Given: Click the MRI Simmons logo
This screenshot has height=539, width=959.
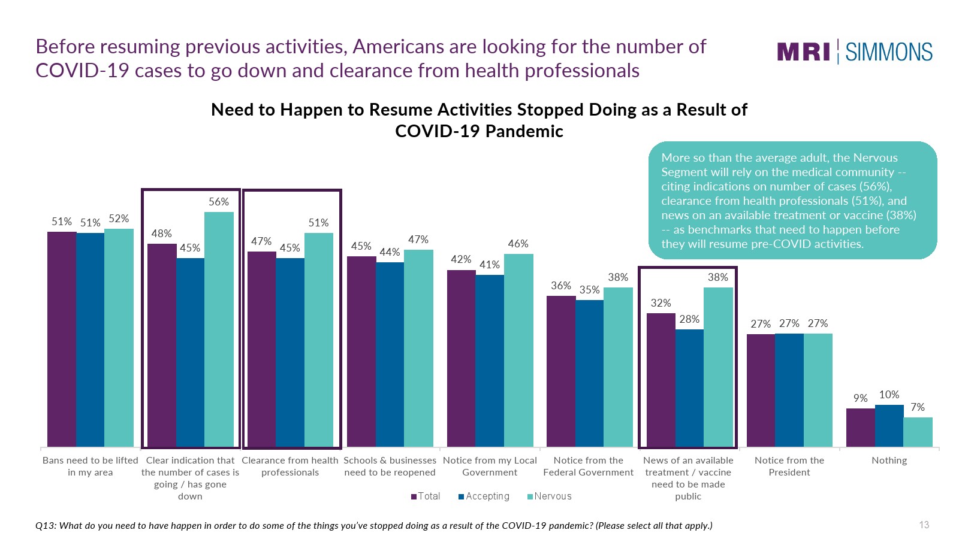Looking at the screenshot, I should [855, 52].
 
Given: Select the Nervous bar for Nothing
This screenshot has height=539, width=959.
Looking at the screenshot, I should [918, 432].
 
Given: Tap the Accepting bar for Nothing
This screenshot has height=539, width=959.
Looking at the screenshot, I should [889, 426].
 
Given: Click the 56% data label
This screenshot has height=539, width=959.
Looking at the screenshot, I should [219, 202].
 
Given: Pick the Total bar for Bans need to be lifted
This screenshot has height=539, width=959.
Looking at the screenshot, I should [62, 339].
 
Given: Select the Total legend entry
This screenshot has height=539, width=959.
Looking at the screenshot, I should [426, 496].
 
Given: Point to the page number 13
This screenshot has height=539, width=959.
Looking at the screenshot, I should [924, 525].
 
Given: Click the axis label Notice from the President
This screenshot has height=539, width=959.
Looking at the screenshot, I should [789, 466].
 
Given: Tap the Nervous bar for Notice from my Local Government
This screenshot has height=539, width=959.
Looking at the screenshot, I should [518, 350].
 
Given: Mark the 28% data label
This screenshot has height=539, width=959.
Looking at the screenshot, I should [689, 319].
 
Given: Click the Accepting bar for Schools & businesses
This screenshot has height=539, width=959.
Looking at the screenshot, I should [390, 355].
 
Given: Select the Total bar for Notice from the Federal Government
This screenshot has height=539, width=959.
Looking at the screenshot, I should [561, 371].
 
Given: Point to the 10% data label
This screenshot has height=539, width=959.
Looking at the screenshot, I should [889, 395].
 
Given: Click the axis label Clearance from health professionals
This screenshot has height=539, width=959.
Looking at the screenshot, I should [290, 466].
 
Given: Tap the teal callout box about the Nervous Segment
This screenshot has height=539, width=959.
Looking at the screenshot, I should [792, 200].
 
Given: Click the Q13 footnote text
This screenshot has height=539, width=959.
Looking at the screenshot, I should [374, 526].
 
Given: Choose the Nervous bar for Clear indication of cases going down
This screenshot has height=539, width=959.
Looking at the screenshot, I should [219, 329].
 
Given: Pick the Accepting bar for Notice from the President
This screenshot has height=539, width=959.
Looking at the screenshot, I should [789, 390].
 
